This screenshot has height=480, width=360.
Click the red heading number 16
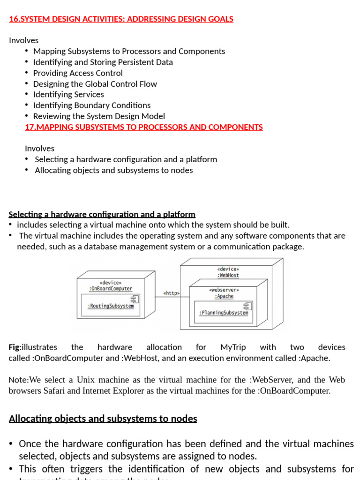pyautogui.click(x=14, y=19)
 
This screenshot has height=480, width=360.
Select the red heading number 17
pyautogui.click(x=30, y=127)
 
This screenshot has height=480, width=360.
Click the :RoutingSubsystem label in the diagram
pyautogui.click(x=111, y=306)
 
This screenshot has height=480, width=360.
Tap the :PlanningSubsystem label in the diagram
pyautogui.click(x=224, y=313)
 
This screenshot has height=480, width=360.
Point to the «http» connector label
pyautogui.click(x=172, y=293)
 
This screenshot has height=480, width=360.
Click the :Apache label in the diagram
pyautogui.click(x=224, y=296)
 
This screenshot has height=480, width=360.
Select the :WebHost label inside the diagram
pyautogui.click(x=228, y=276)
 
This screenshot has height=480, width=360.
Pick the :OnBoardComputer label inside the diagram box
pyautogui.click(x=111, y=289)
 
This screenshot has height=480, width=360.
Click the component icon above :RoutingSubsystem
pyautogui.click(x=134, y=299)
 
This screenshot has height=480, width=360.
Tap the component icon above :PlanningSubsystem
pyautogui.click(x=247, y=306)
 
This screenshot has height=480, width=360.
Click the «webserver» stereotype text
pyautogui.click(x=224, y=290)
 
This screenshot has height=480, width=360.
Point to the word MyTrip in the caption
pyautogui.click(x=232, y=347)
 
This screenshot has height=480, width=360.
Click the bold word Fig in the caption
pyautogui.click(x=14, y=347)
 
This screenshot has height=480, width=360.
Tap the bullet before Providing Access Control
pyautogui.click(x=27, y=73)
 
